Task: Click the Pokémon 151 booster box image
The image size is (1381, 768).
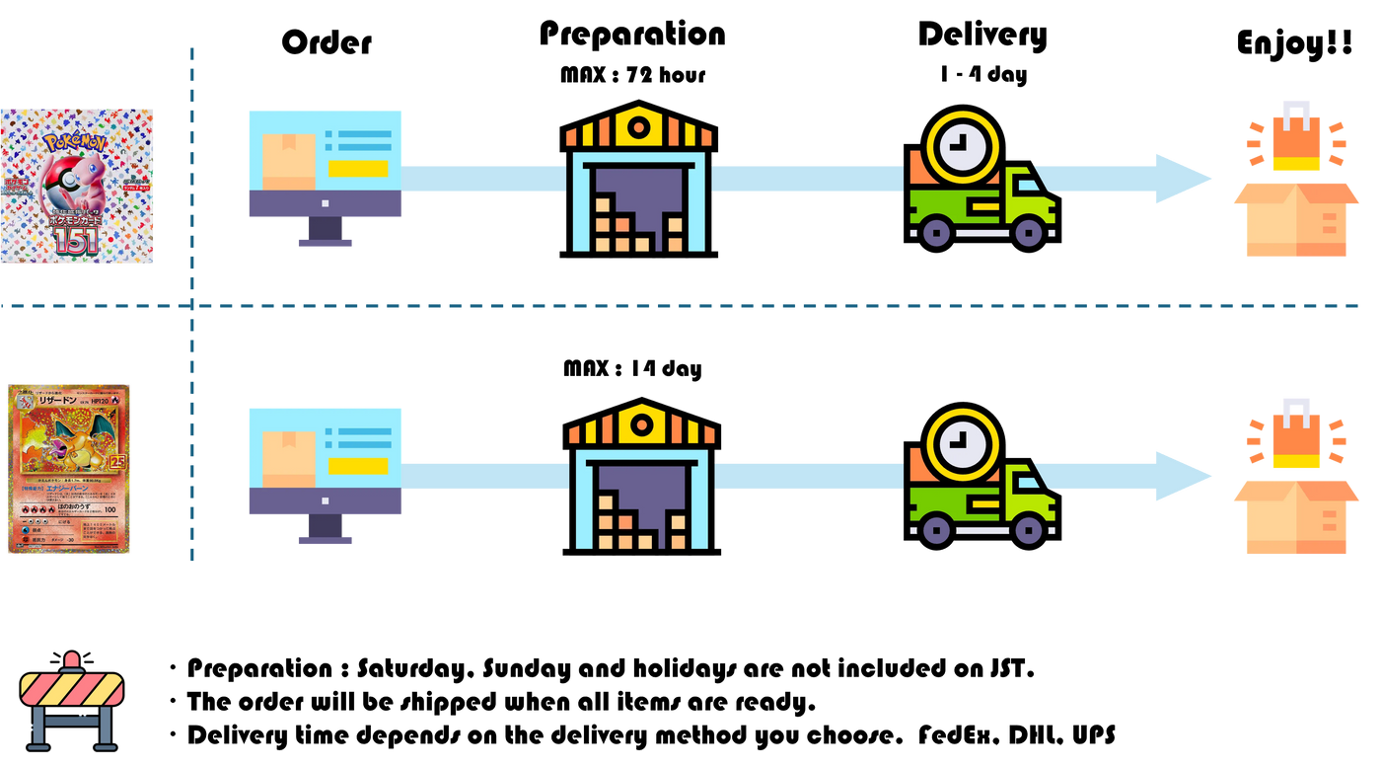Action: (77, 186)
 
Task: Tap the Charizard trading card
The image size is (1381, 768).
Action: (69, 469)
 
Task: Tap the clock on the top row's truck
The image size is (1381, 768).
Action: (955, 146)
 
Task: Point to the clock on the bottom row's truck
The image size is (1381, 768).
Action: (955, 444)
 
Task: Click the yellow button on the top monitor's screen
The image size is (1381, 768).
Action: (358, 168)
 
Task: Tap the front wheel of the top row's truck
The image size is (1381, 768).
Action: (1028, 233)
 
